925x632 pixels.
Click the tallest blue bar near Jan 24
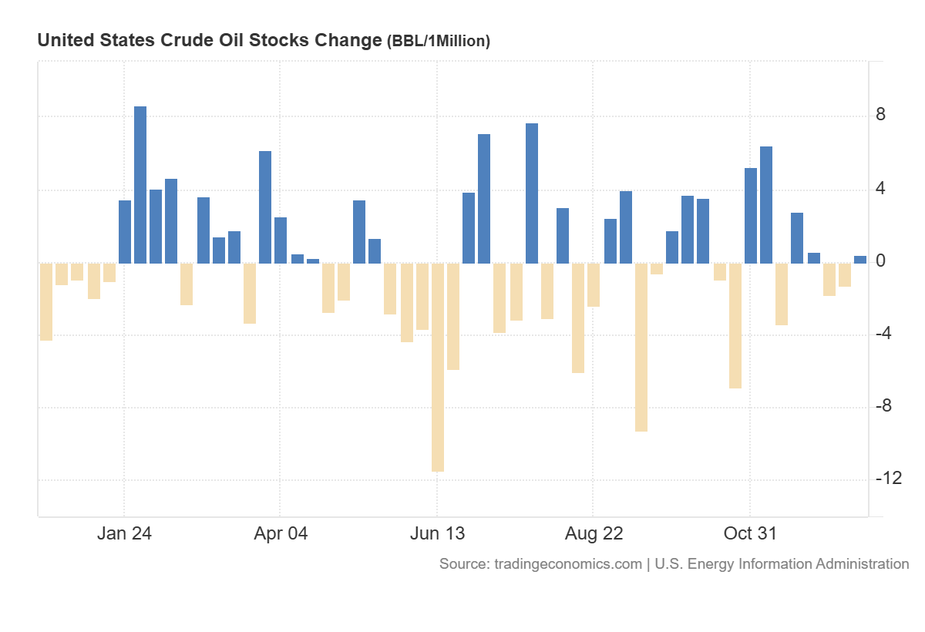[140, 185]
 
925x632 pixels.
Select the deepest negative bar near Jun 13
[438, 367]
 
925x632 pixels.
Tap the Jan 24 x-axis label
[125, 533]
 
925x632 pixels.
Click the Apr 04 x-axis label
[281, 533]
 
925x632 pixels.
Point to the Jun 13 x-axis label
[437, 533]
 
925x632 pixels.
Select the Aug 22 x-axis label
[594, 533]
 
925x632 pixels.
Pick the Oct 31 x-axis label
[750, 533]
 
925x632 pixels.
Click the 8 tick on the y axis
[880, 116]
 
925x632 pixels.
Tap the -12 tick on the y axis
[888, 479]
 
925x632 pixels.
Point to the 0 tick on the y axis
[880, 261]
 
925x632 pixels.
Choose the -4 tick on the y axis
[883, 334]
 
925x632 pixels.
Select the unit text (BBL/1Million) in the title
[438, 42]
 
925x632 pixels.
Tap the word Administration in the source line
[860, 564]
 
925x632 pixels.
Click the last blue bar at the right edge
[860, 260]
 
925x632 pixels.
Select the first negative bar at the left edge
[46, 301]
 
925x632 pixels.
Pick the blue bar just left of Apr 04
[265, 207]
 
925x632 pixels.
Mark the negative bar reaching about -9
[641, 347]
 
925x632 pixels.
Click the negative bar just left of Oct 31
[735, 325]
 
